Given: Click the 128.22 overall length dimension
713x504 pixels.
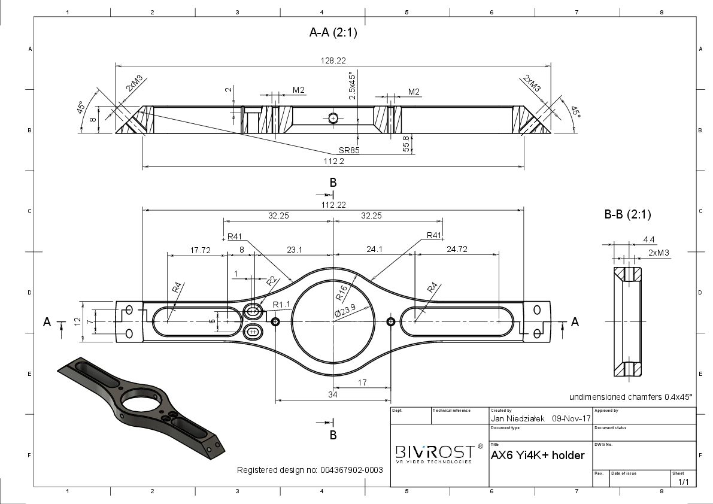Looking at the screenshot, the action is (333, 60).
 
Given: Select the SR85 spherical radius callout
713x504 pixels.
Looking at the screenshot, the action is (349, 150).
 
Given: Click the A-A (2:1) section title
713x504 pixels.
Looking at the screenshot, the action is (333, 32).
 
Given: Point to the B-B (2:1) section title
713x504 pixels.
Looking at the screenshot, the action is (627, 214).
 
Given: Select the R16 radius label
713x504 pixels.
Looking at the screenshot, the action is (341, 293).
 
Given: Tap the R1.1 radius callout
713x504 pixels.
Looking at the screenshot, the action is (281, 305).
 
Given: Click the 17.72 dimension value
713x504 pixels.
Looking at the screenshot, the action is (200, 250).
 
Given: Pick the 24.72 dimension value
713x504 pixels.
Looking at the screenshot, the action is (457, 249).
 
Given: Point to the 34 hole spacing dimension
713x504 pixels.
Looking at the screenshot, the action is (333, 394).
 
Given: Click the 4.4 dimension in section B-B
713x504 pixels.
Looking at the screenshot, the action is (649, 239).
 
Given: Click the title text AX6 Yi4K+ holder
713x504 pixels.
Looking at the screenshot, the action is (538, 455).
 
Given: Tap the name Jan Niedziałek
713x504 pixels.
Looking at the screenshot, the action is (517, 418).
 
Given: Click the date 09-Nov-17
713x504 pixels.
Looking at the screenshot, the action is (571, 418).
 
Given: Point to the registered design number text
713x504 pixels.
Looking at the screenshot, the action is (310, 470).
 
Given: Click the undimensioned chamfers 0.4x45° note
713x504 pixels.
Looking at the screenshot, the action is (631, 397).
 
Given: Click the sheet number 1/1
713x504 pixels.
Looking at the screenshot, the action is (684, 482).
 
